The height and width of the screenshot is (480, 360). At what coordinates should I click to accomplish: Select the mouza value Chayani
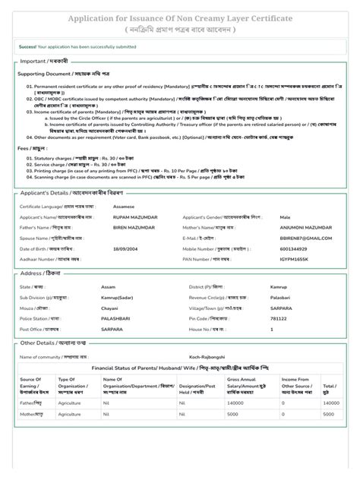pos(110,308)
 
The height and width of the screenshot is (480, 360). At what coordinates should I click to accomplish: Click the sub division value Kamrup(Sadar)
pos(115,298)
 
